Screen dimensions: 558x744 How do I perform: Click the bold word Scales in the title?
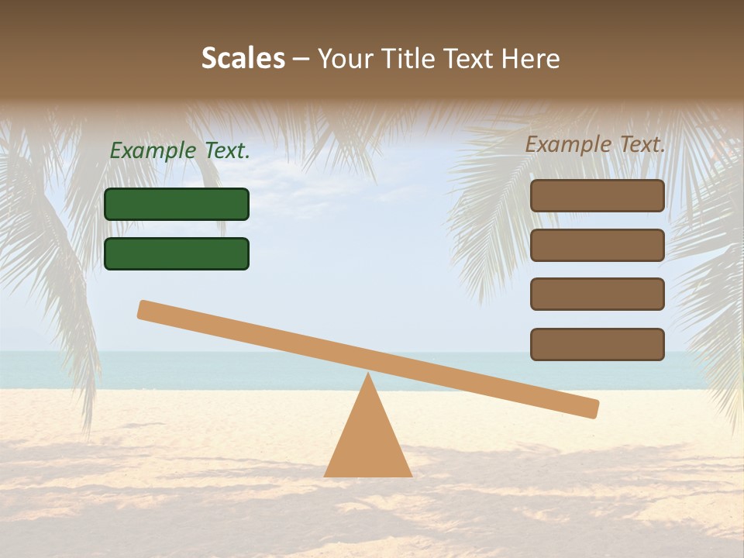click(x=243, y=58)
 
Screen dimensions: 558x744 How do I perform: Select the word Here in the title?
click(x=531, y=58)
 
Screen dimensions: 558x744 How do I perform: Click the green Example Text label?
click(x=180, y=151)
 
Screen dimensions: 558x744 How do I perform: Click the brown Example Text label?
click(x=595, y=144)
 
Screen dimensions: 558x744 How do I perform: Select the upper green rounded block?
click(x=177, y=204)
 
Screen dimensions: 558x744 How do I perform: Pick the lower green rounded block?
click(x=177, y=253)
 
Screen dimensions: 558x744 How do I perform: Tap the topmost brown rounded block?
click(x=598, y=195)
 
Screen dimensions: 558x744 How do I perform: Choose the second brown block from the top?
click(x=598, y=245)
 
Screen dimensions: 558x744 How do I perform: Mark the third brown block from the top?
click(x=598, y=294)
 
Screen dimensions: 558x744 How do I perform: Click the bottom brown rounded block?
click(x=598, y=344)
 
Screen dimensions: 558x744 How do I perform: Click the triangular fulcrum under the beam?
click(x=368, y=442)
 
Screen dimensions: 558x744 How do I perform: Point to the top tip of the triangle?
click(x=368, y=375)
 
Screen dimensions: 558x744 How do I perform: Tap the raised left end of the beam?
click(x=146, y=309)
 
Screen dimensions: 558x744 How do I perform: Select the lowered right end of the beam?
click(x=591, y=408)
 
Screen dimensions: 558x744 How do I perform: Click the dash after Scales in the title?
click(x=301, y=59)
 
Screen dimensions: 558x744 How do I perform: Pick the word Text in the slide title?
click(x=470, y=58)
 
